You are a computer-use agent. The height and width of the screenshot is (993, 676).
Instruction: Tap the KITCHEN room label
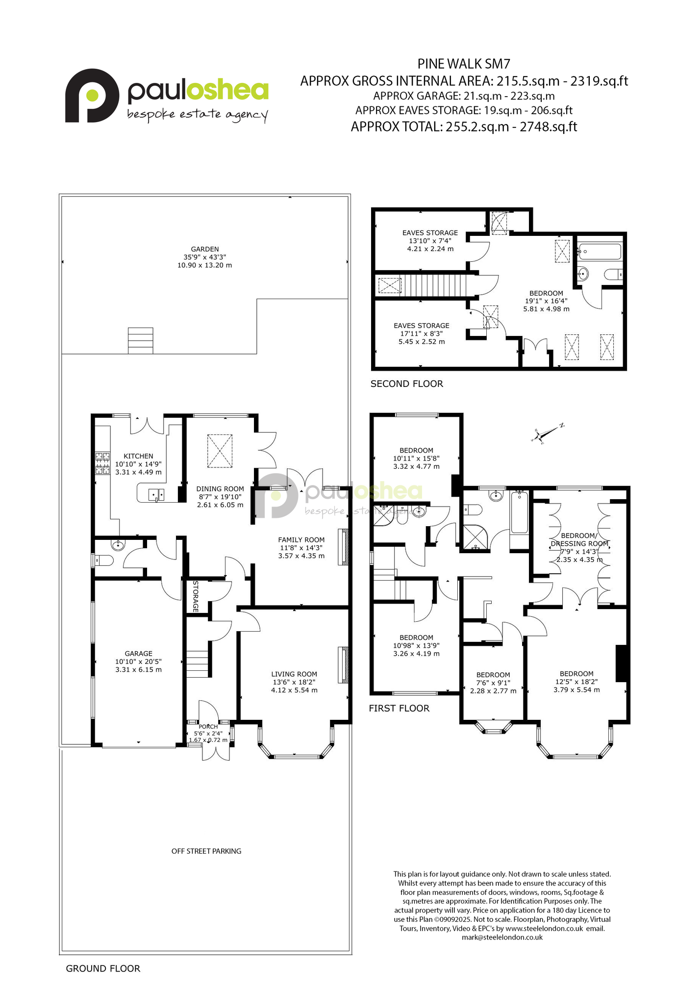click(138, 456)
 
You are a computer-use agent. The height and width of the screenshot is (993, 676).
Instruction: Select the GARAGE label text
click(139, 654)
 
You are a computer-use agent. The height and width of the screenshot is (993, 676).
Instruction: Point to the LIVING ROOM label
click(294, 674)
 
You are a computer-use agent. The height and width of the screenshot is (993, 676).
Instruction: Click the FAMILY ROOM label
click(301, 540)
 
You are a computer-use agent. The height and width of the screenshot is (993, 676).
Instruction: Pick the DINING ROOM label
click(220, 489)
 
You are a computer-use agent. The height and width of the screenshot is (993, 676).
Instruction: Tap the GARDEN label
click(205, 249)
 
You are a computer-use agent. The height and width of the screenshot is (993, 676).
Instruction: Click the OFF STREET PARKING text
click(206, 851)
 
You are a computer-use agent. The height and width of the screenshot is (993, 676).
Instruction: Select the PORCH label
click(208, 727)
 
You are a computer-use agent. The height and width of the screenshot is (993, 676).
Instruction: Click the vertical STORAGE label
click(195, 596)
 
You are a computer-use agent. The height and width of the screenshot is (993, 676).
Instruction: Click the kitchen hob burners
click(102, 463)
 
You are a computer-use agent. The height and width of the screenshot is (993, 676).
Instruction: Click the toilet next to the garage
click(104, 560)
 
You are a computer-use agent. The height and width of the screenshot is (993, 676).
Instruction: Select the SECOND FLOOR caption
click(407, 384)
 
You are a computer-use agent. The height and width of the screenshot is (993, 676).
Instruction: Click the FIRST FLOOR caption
click(399, 708)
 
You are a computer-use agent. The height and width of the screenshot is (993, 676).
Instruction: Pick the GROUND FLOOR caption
click(103, 968)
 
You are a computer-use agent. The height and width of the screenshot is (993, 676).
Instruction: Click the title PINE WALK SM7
click(464, 64)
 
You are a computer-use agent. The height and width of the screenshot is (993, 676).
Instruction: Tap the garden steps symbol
click(140, 341)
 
